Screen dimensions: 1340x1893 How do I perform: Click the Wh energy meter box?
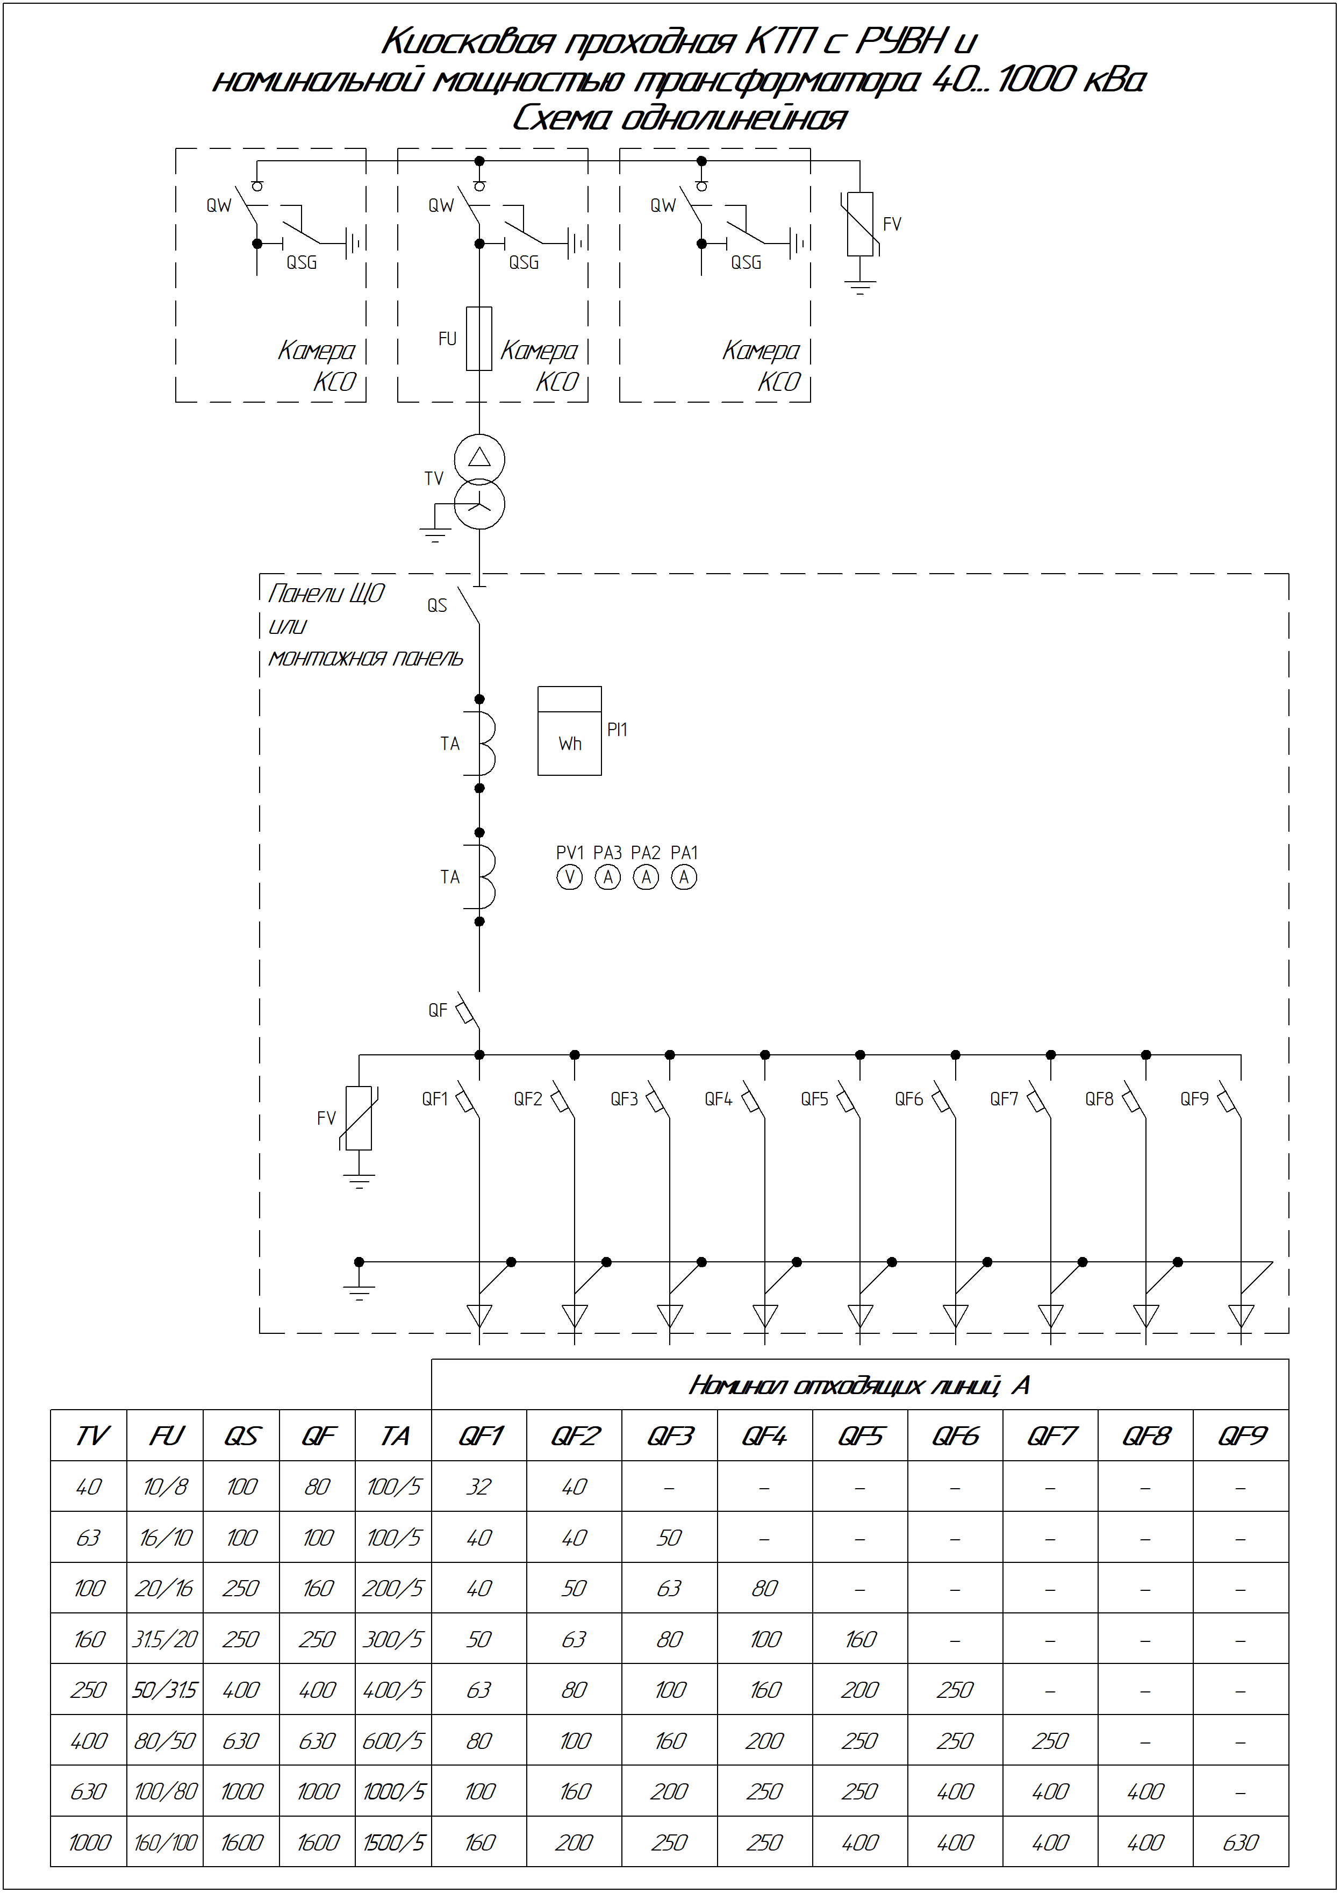[569, 730]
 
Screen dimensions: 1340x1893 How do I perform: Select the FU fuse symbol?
[479, 338]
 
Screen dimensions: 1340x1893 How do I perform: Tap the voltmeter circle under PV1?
[569, 877]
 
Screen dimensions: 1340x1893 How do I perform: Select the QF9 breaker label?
[1194, 1099]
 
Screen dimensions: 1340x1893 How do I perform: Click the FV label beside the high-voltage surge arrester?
[892, 224]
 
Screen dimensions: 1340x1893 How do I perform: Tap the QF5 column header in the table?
[860, 1437]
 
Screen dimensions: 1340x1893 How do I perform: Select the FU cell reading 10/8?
[165, 1487]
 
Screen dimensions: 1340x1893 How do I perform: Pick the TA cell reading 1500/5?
[393, 1842]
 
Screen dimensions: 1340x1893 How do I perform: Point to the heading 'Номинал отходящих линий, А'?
[859, 1385]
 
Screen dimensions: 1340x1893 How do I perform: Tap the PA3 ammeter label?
[607, 853]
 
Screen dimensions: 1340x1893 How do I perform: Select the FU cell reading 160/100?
[165, 1842]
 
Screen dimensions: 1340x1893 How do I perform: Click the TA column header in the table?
[395, 1437]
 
